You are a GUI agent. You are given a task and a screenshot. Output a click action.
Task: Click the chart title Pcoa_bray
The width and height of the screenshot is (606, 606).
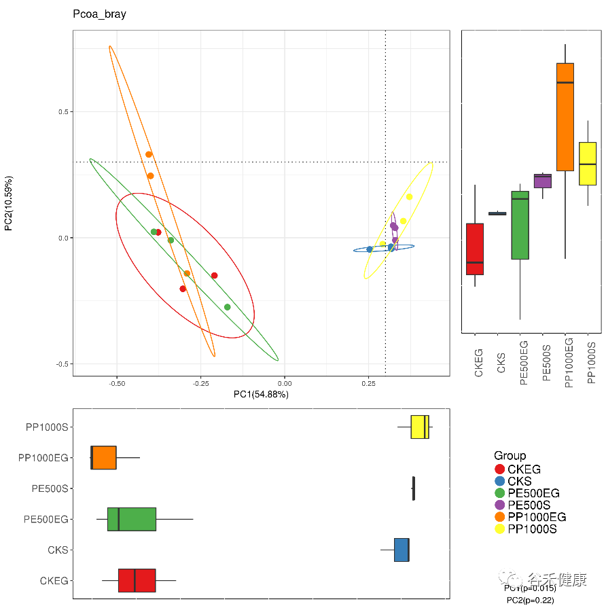[x=99, y=14]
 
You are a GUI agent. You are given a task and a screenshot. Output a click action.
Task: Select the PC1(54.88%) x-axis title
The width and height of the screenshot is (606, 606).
[x=261, y=395]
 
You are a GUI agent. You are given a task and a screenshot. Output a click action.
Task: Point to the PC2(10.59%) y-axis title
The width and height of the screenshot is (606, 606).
[x=9, y=204]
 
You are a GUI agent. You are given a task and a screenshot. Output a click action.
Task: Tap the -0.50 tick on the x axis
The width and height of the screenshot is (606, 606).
[x=117, y=384]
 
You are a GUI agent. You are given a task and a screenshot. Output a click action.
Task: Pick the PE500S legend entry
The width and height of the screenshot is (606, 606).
[x=529, y=505]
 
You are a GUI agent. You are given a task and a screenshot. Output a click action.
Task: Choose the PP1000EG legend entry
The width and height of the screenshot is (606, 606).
[x=537, y=517]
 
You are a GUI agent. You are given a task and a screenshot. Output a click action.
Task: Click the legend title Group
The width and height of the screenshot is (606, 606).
[x=510, y=456]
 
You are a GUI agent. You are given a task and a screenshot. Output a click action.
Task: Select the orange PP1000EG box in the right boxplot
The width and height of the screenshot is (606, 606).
[x=565, y=117]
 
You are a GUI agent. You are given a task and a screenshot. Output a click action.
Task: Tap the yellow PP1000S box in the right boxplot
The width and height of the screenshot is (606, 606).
[x=587, y=163]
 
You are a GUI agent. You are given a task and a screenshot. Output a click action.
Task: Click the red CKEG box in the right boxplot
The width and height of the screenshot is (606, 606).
[x=475, y=249]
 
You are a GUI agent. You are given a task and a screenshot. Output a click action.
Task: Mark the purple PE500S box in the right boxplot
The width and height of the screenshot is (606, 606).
[x=542, y=181]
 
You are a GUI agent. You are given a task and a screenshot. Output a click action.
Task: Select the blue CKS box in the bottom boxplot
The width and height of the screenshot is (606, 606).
[x=402, y=550]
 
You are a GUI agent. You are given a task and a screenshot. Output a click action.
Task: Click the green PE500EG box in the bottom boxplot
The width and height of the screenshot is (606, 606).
[x=132, y=519]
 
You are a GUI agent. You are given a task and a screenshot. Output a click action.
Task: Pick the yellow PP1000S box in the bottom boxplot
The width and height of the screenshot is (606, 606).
[x=420, y=427]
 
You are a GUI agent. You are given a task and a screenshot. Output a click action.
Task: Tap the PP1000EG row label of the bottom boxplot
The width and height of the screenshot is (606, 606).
[x=43, y=458]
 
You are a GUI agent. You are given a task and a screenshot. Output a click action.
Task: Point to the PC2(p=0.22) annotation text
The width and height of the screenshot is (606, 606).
[x=530, y=600]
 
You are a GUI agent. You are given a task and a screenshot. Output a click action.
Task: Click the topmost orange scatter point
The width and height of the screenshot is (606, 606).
[x=149, y=154]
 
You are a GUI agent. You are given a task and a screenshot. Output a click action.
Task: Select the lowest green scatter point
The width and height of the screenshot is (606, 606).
[x=227, y=307]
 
